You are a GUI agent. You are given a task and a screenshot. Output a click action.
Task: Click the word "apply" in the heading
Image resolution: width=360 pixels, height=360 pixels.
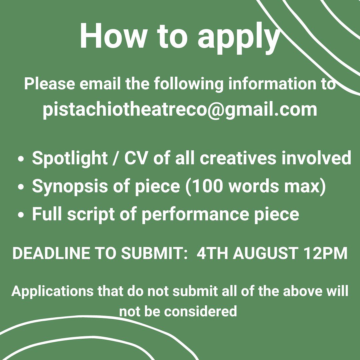[238, 37]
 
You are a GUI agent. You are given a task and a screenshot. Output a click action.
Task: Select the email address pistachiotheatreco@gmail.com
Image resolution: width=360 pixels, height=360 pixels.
[180, 109]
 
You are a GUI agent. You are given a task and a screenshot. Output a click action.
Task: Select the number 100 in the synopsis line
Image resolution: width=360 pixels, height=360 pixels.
[207, 186]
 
